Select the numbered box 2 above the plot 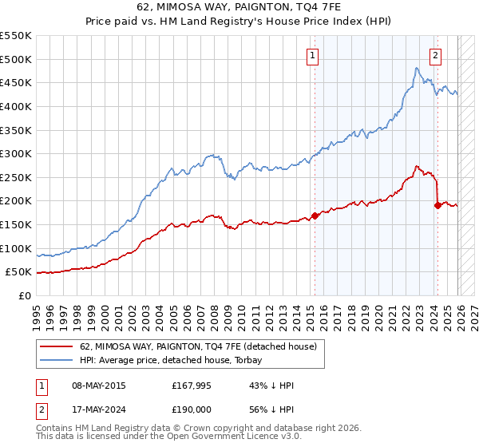[435, 55]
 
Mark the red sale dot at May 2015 [315, 216]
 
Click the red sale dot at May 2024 [437, 205]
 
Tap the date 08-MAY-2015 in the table [97, 386]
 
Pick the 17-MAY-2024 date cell [97, 409]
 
